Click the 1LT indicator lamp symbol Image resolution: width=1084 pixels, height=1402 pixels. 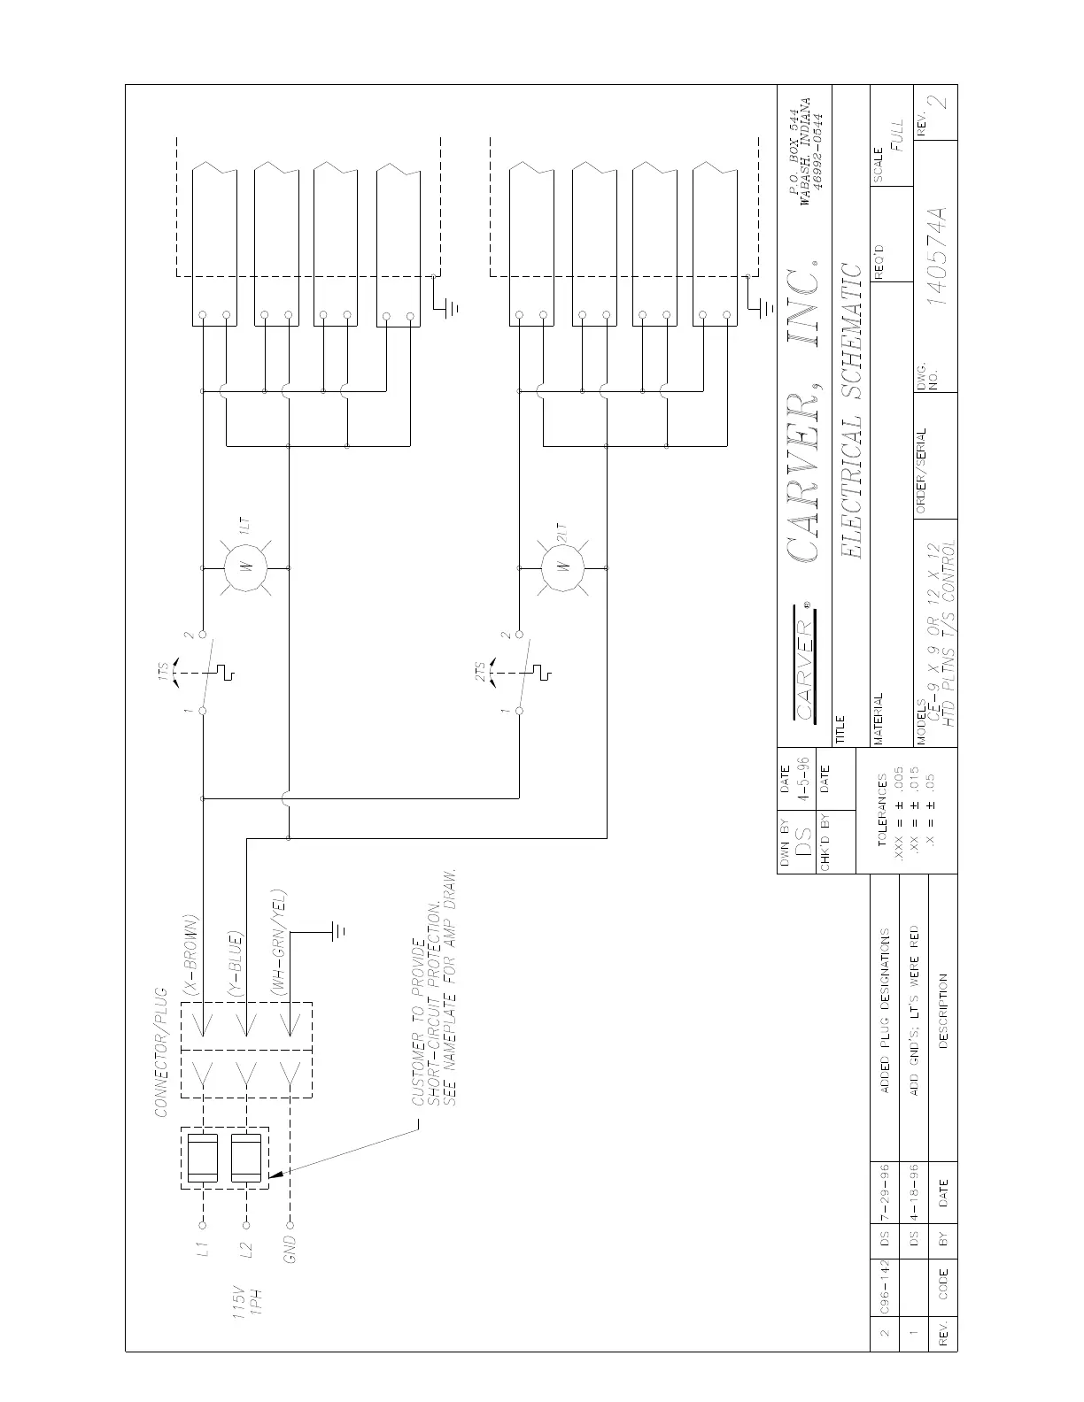pyautogui.click(x=246, y=567)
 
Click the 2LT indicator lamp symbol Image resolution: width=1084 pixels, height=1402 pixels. pyautogui.click(x=564, y=566)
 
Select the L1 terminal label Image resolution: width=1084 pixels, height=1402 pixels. pyautogui.click(x=202, y=1250)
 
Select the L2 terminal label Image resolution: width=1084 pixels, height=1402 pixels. pyautogui.click(x=247, y=1250)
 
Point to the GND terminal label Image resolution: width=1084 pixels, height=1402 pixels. pyautogui.click(x=290, y=1250)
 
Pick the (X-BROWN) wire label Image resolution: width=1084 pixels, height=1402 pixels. pyautogui.click(x=189, y=952)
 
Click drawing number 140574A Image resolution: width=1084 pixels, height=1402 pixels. pyautogui.click(x=937, y=257)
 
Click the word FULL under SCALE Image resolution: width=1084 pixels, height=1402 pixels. pyautogui.click(x=898, y=136)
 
